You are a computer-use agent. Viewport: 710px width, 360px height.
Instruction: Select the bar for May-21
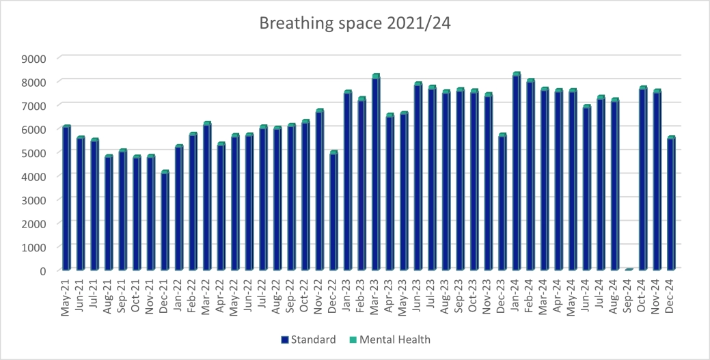[66, 198]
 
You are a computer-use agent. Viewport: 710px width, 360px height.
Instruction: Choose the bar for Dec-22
[333, 211]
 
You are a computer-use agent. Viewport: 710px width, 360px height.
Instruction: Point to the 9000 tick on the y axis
[35, 58]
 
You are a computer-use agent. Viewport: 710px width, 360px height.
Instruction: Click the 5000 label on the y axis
[35, 152]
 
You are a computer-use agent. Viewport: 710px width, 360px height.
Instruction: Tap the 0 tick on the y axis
[42, 271]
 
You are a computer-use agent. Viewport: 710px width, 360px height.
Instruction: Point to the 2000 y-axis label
[35, 223]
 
